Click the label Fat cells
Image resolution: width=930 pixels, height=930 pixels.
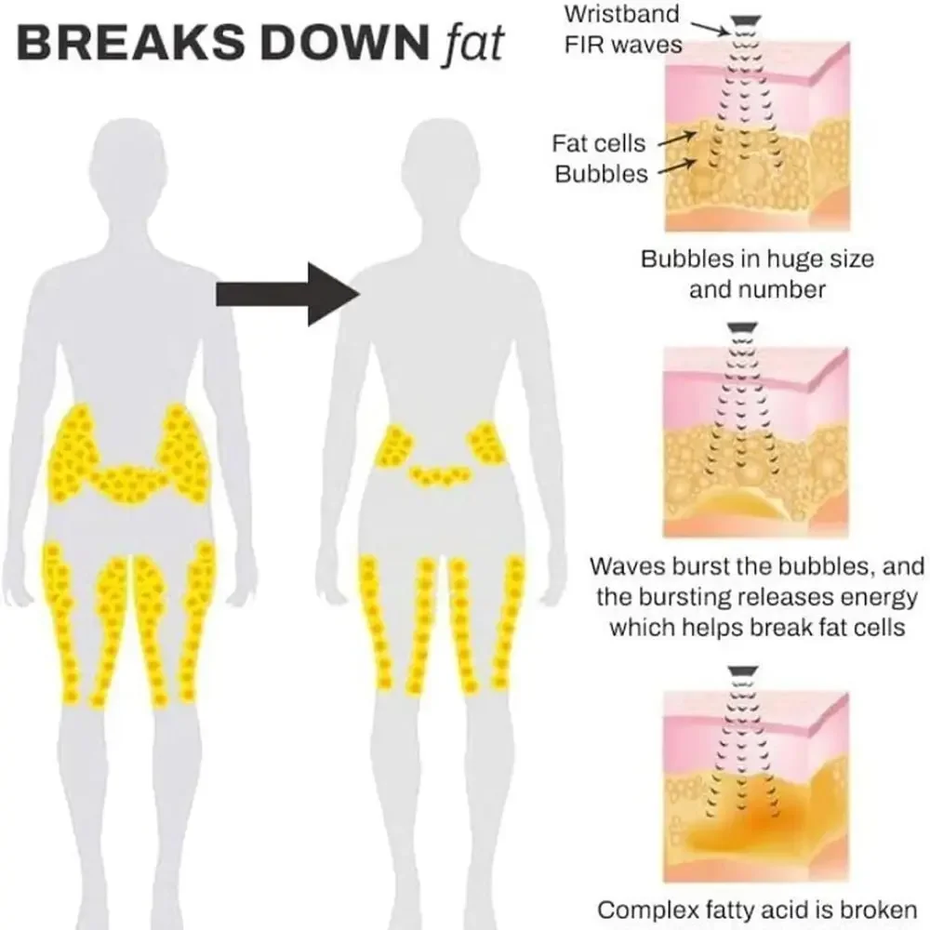(x=599, y=144)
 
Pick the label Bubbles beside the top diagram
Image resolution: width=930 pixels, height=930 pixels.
(x=601, y=174)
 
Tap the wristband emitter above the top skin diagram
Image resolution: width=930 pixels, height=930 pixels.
(x=741, y=20)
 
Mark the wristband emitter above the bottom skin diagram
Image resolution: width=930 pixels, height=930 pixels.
(x=741, y=669)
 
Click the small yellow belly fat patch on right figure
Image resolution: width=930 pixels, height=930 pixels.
(x=441, y=475)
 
